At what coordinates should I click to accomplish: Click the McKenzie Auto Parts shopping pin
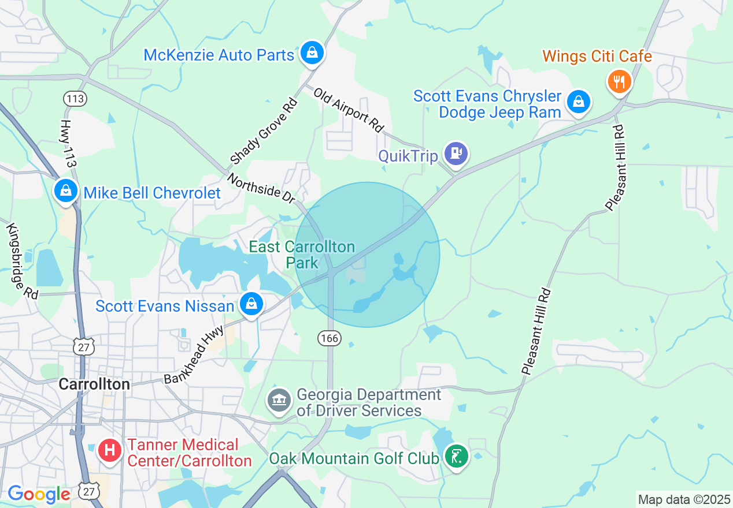pos(312,53)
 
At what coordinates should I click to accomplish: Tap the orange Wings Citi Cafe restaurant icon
pos(619,81)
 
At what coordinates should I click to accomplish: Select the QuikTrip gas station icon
pos(456,154)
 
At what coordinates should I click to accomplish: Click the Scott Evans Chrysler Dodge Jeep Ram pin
pos(577,102)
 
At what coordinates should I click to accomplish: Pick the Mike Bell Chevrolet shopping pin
pos(66,190)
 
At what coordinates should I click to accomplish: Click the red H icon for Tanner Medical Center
pos(109,450)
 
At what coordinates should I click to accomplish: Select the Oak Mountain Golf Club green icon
pos(456,457)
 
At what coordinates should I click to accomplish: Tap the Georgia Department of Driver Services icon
pos(279,401)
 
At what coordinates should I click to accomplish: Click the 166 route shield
pos(329,338)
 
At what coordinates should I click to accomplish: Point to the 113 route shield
pos(75,99)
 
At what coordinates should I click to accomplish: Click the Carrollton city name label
pos(95,384)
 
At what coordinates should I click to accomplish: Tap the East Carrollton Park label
pos(302,255)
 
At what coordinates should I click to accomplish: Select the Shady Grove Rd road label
pos(264,132)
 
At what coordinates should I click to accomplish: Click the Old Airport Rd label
pos(349,110)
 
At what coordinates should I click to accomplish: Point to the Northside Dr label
pos(261,188)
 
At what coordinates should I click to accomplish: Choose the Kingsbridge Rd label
pos(22,261)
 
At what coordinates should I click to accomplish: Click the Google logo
pos(38,494)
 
